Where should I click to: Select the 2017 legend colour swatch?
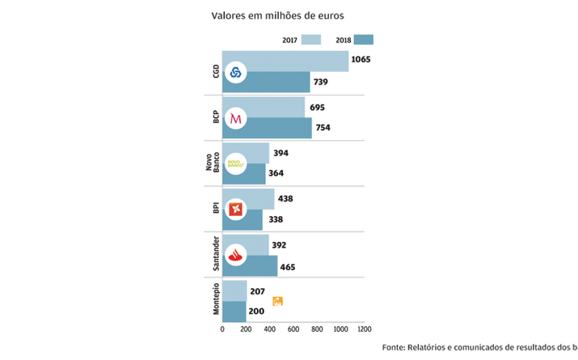coord(311,39)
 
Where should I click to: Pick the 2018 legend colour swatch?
coord(363,39)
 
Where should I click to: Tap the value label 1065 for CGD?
coord(361,60)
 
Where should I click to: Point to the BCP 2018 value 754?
coord(325,128)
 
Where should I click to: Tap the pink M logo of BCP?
coord(235,118)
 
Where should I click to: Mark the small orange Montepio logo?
coord(277,302)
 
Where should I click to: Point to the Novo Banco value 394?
coord(281,153)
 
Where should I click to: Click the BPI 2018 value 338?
coord(276,219)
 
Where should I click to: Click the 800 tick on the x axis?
coord(317,329)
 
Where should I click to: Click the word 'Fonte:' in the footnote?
coord(396,347)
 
